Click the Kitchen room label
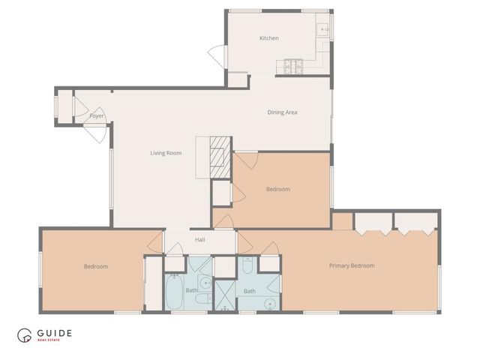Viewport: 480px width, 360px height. [269, 38]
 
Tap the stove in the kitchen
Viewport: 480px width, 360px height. [292, 66]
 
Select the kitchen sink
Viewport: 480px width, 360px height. [323, 30]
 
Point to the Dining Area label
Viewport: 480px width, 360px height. [283, 112]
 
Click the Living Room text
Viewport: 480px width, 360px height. [166, 153]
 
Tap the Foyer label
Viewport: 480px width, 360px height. [96, 116]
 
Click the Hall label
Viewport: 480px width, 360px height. [200, 240]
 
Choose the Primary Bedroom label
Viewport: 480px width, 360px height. [352, 265]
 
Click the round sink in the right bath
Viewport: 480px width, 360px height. [268, 302]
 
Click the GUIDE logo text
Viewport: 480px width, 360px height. [58, 334]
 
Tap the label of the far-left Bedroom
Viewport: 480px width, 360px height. [95, 267]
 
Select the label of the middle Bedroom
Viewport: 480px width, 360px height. [277, 189]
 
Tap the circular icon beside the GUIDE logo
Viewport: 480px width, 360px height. [26, 336]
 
